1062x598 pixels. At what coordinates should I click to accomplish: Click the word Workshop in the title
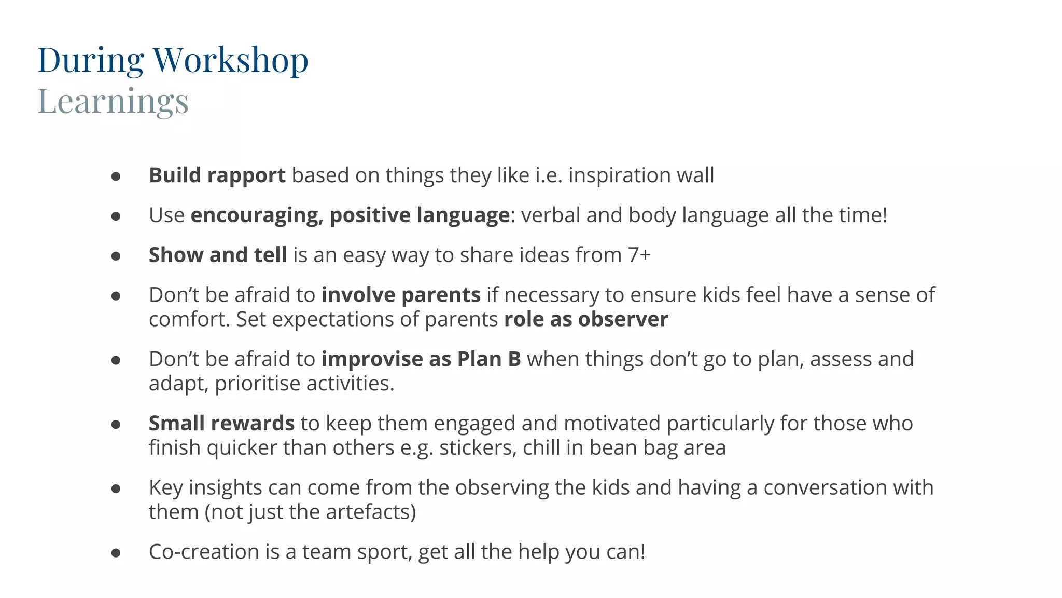point(231,61)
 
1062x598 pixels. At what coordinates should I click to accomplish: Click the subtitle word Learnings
point(113,101)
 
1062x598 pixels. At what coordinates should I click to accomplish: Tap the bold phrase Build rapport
point(217,175)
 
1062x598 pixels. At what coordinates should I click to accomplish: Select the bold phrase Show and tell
point(218,255)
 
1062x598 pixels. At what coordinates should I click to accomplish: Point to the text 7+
point(639,255)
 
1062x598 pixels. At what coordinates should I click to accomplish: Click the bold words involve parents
point(401,295)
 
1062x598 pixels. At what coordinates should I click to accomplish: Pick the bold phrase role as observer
point(586,319)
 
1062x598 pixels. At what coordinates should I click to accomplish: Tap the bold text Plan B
point(488,359)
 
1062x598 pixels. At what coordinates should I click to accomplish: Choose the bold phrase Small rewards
point(221,424)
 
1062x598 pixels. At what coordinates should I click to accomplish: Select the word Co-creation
point(204,552)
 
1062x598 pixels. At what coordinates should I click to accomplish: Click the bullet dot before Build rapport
point(116,176)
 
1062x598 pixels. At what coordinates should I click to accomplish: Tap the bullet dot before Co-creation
point(116,553)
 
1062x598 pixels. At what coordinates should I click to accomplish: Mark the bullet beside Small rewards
point(116,425)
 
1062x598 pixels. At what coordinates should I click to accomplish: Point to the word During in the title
point(91,61)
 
